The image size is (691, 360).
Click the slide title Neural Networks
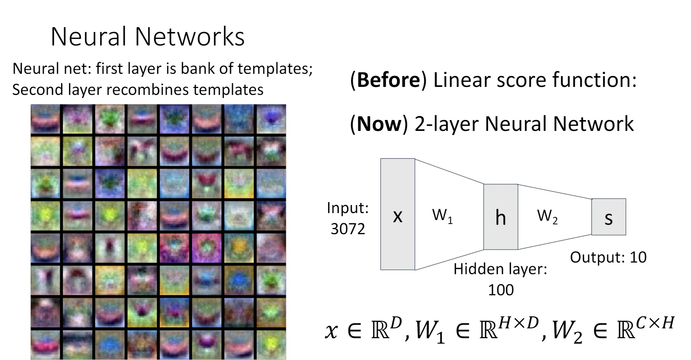(147, 37)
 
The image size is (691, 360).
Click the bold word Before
(389, 80)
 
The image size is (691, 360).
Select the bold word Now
(379, 124)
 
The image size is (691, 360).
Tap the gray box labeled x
(398, 214)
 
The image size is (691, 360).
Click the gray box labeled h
(501, 217)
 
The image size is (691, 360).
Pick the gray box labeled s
(609, 217)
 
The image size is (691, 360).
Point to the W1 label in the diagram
(442, 216)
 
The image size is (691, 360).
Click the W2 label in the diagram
(547, 216)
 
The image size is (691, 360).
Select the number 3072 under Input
(348, 229)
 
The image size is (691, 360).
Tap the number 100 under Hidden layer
(501, 290)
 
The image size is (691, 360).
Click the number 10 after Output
(638, 257)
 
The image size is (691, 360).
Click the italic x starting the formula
(331, 331)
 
